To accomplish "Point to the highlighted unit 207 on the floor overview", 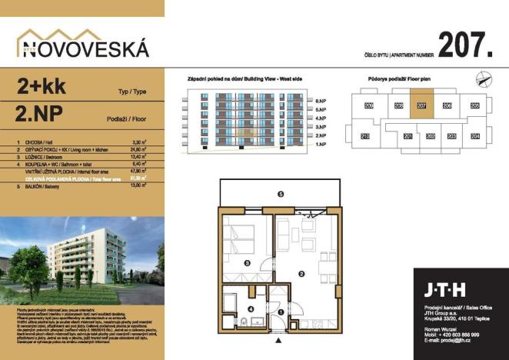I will click(421, 106).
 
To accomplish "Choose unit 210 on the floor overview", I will click(364, 136).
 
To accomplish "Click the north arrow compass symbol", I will click(482, 76).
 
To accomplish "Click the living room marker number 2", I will click(302, 272).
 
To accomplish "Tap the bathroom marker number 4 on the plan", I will click(251, 310).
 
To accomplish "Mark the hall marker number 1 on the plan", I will click(281, 312).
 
